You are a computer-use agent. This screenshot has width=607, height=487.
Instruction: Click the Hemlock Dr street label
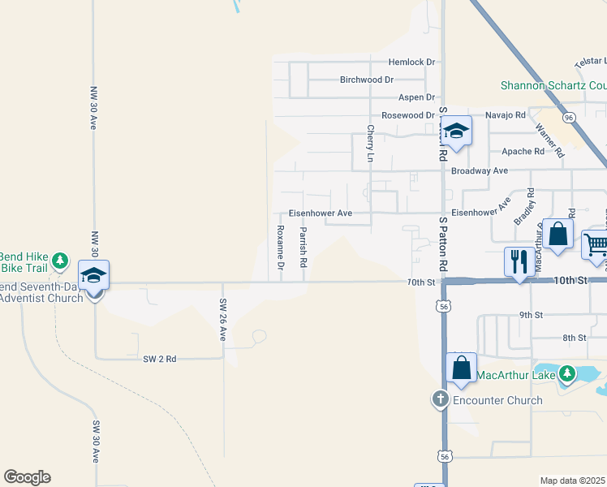(411, 62)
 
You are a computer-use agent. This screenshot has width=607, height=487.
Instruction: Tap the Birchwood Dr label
(367, 80)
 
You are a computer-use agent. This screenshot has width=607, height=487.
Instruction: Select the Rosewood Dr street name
(408, 115)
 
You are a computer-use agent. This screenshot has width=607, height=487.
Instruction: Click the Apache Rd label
(523, 151)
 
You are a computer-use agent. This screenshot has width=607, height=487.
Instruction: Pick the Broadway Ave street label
(479, 170)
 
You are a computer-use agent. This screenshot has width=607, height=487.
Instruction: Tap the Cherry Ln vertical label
(370, 143)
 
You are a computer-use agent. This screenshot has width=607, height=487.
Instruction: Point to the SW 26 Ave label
(222, 319)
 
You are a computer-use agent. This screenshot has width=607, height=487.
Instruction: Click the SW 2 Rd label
(159, 358)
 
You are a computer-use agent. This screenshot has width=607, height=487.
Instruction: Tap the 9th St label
(530, 315)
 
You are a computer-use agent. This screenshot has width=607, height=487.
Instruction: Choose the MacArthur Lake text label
(515, 375)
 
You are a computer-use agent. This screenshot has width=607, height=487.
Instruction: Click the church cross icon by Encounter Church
(440, 399)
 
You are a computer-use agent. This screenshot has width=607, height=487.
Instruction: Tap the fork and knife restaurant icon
(519, 261)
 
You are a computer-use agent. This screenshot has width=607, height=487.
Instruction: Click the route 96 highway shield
(570, 118)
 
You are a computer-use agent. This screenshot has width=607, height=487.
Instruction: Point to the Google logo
(28, 477)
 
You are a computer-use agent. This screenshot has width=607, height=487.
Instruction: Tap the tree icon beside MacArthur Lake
(568, 374)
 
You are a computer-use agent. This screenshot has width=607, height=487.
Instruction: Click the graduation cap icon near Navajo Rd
(457, 131)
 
